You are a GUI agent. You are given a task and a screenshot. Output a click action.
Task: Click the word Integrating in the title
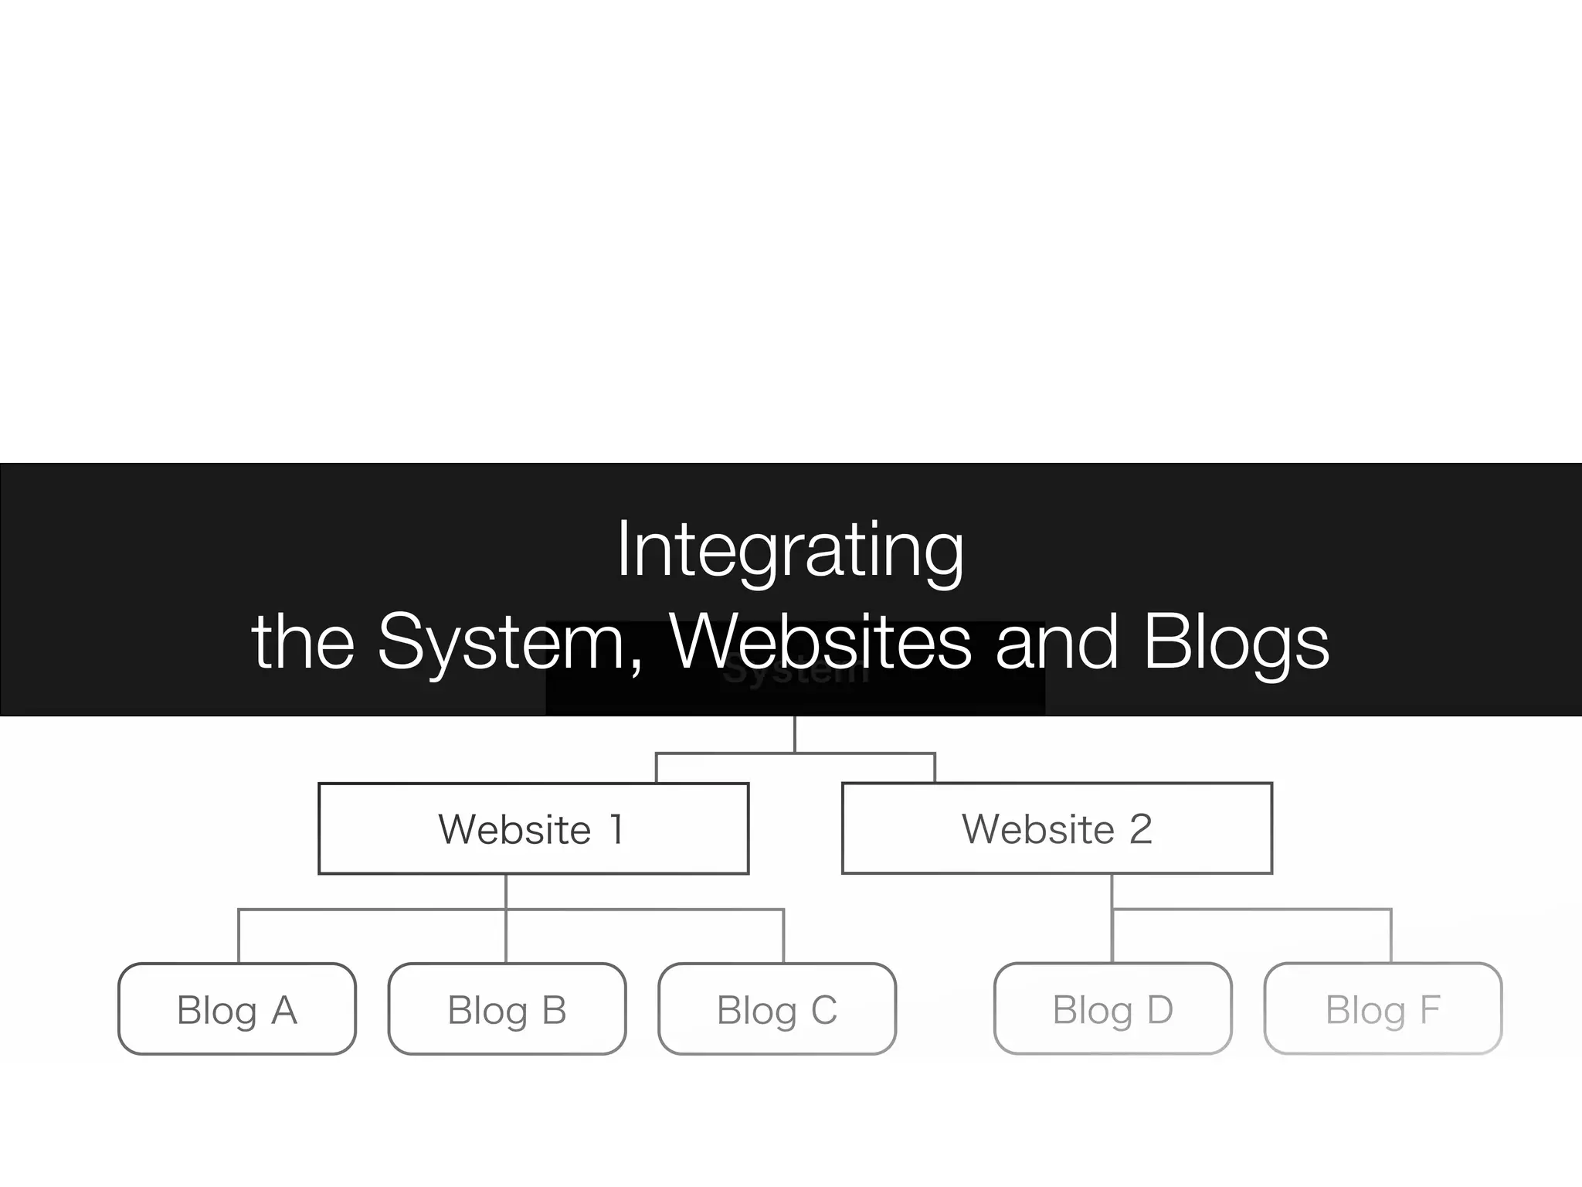(x=790, y=550)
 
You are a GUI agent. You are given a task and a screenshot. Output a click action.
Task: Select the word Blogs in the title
(x=1236, y=643)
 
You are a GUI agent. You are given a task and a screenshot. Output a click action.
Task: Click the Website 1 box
(x=533, y=828)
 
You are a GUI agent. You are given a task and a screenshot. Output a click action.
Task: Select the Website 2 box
(x=1057, y=828)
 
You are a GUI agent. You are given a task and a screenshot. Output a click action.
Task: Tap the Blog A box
(x=237, y=1008)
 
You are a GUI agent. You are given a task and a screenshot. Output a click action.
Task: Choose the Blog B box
(x=507, y=1008)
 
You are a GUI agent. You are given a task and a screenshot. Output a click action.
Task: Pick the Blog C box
(x=777, y=1008)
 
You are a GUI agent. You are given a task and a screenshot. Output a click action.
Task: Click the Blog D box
(x=1112, y=1008)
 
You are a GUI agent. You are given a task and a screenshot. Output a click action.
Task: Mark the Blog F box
(x=1383, y=1008)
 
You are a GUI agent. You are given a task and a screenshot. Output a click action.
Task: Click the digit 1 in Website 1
(x=616, y=829)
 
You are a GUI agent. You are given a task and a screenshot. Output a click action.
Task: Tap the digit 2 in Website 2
(x=1141, y=829)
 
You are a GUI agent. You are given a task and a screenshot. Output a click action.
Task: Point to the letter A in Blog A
(x=284, y=1010)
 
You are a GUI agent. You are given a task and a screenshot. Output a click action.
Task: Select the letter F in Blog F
(x=1431, y=1009)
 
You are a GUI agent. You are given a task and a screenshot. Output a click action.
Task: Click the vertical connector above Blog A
(x=239, y=937)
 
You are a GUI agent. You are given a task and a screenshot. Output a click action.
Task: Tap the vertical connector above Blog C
(x=783, y=937)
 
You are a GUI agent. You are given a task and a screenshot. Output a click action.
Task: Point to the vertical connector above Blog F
(x=1390, y=937)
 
